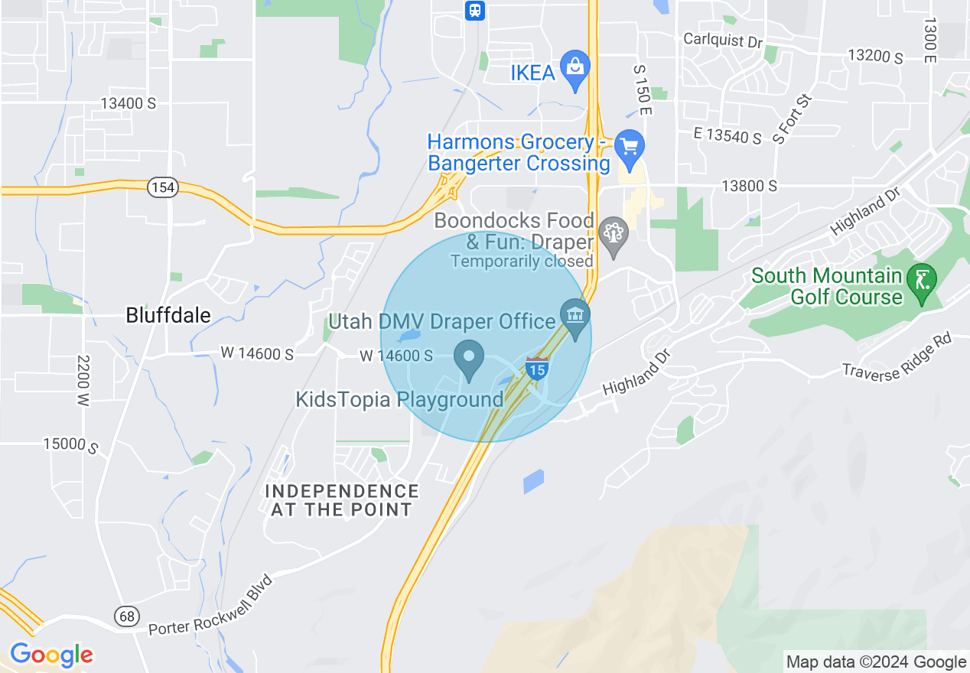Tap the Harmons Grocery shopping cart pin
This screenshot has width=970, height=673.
[x=630, y=146]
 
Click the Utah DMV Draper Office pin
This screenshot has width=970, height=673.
[x=575, y=316]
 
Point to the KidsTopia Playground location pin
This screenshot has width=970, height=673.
[x=469, y=358]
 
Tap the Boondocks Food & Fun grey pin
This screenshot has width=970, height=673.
[x=613, y=233]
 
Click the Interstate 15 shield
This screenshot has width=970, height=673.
[x=537, y=369]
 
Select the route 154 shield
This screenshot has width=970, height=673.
[x=163, y=188]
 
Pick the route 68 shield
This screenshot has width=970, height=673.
[x=127, y=616]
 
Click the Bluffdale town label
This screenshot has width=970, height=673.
[x=168, y=315]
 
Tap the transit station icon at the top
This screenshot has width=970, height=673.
[x=475, y=10]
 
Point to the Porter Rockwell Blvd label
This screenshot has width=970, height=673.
[x=210, y=605]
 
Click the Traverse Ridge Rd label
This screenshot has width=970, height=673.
[x=897, y=359]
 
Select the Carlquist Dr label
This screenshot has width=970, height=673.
[x=723, y=40]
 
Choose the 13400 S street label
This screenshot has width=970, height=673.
[x=129, y=103]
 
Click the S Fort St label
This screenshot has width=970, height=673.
[x=791, y=119]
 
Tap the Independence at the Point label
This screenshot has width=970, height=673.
[x=342, y=500]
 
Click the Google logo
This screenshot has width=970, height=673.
[x=51, y=655]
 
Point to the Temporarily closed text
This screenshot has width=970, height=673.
[x=522, y=262]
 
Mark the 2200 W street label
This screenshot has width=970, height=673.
[x=83, y=379]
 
